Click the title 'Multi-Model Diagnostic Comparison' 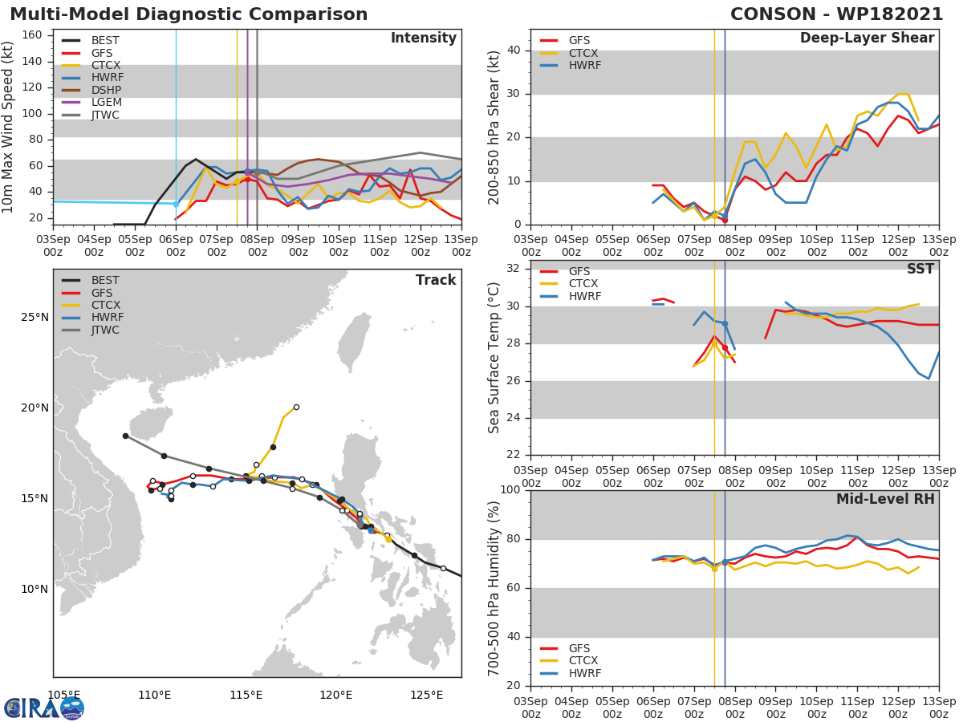click(189, 14)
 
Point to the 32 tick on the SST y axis click(513, 268)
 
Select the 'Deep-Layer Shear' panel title click(867, 39)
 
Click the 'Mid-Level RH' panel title click(885, 499)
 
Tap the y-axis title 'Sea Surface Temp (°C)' click(494, 357)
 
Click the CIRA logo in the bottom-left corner click(43, 708)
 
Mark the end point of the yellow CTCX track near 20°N click(296, 407)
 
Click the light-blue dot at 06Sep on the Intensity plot click(176, 204)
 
